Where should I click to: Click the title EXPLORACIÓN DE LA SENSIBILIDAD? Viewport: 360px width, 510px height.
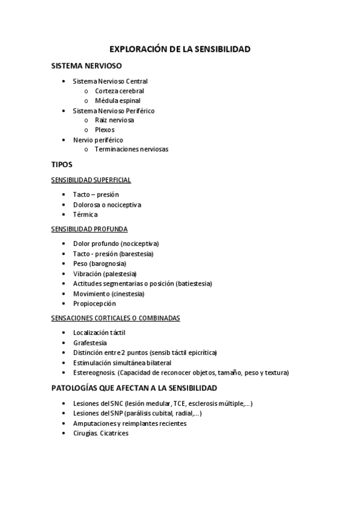[180, 49]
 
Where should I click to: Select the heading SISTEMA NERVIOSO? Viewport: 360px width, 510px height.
[87, 66]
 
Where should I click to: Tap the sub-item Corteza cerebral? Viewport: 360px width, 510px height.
[120, 91]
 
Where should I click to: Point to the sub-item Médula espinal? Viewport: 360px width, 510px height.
[118, 100]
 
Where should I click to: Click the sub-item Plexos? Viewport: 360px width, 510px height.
[105, 129]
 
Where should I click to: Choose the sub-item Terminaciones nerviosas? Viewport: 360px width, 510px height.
[132, 149]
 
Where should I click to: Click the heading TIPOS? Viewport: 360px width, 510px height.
[62, 164]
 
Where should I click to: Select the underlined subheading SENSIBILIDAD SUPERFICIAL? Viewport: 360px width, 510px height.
[91, 180]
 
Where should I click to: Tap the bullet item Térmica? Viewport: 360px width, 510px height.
[85, 214]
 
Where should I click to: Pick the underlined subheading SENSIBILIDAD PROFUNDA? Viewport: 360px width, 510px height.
[90, 229]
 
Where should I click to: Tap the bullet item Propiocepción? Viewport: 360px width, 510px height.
[94, 304]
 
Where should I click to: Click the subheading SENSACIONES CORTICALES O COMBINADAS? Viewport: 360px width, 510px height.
[116, 318]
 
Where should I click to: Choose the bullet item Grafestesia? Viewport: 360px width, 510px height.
[90, 342]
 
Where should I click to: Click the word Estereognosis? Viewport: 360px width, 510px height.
[94, 372]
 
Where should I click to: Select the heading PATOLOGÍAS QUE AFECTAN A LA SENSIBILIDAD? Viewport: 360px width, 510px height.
[135, 388]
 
